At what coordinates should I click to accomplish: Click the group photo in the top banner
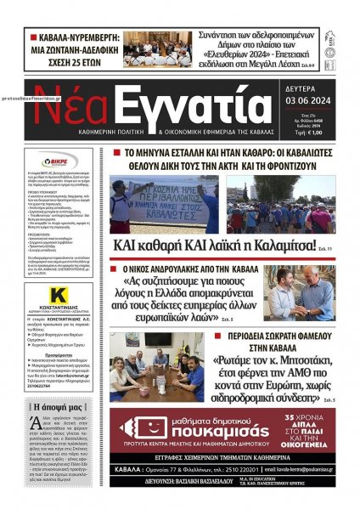tap(157, 49)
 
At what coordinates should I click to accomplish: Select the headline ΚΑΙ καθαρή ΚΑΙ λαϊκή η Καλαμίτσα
tap(208, 247)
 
